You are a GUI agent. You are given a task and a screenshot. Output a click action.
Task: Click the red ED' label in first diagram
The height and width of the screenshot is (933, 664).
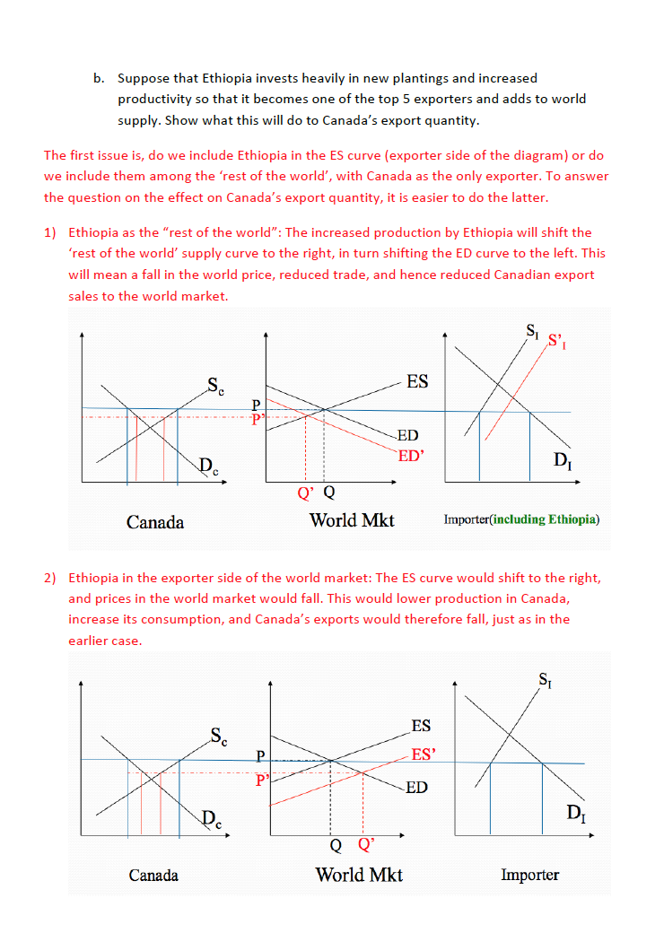(x=410, y=456)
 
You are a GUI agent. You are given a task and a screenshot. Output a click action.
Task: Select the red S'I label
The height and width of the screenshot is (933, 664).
(x=558, y=342)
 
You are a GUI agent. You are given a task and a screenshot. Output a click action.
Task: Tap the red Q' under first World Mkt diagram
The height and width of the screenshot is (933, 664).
(x=306, y=492)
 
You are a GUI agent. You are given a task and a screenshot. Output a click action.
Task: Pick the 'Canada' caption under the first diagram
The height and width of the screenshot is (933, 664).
(x=155, y=522)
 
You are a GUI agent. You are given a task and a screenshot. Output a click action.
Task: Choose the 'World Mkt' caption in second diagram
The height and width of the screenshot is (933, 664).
(x=359, y=875)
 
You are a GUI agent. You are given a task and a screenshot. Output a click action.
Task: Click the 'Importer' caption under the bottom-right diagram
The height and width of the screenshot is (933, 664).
(x=529, y=875)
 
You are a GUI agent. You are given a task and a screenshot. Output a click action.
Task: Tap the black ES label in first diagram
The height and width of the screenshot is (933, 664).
(x=417, y=382)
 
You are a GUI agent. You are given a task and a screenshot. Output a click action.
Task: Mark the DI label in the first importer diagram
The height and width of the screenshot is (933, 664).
(x=561, y=462)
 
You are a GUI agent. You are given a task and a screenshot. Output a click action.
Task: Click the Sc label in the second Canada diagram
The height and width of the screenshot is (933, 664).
(x=219, y=737)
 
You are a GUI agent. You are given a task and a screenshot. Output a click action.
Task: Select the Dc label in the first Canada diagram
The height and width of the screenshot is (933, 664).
(x=207, y=466)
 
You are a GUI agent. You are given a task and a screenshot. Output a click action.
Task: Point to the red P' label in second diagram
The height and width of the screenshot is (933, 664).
(x=262, y=780)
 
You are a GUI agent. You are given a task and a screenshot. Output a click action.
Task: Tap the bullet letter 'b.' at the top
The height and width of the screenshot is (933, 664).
(x=100, y=79)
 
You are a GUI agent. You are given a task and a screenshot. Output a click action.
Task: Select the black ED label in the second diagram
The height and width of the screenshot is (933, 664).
(x=416, y=788)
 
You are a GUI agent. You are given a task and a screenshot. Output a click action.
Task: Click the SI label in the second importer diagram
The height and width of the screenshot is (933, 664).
(x=545, y=679)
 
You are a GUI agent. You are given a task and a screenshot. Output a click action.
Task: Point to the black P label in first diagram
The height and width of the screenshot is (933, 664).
(x=256, y=406)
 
